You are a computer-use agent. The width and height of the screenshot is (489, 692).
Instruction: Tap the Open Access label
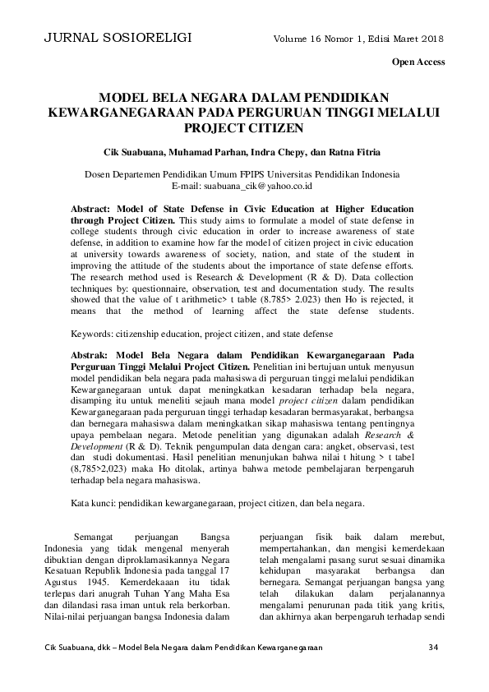point(418,62)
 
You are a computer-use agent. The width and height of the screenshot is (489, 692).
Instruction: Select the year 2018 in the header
point(431,39)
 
